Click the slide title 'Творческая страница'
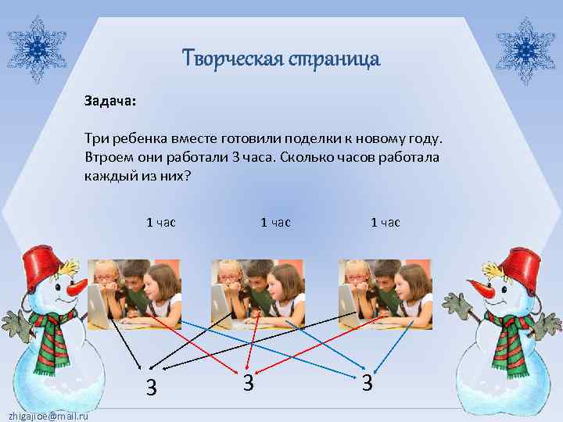(281, 59)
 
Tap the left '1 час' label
(161, 222)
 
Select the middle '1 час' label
(275, 222)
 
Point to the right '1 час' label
(385, 222)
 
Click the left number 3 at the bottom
(152, 387)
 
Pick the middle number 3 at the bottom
(247, 383)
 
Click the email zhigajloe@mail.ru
(45, 415)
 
